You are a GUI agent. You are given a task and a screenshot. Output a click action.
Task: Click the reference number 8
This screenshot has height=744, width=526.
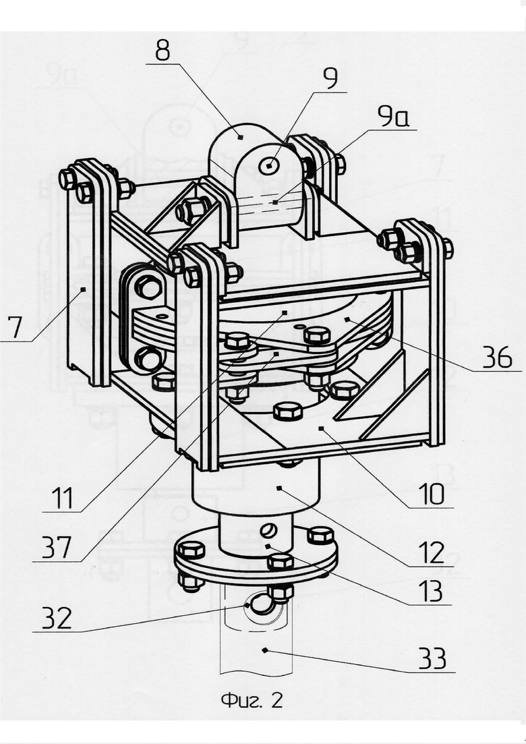163,51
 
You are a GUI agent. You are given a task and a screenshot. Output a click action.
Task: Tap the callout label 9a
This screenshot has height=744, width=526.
392,116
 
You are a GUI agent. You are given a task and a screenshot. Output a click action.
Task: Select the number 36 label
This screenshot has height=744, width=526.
498,357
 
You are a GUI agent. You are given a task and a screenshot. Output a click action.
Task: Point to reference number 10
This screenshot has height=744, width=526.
431,494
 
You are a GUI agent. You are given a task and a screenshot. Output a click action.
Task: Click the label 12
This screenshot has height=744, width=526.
431,553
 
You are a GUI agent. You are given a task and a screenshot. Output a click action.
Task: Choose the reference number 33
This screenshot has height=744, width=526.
432,658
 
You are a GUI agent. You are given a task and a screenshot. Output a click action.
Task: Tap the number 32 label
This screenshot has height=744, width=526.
57,618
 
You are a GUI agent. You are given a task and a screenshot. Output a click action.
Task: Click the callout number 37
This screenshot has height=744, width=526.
57,547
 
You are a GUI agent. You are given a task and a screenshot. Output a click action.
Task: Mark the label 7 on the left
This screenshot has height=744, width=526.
16,327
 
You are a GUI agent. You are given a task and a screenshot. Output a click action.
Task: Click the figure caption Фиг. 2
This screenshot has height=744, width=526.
252,699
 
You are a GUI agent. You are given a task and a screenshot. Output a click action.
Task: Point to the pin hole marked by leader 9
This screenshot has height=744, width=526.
269,166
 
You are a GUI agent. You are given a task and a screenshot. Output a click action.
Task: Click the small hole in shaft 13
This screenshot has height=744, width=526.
268,529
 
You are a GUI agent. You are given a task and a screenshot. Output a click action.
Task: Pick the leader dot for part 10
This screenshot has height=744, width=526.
321,428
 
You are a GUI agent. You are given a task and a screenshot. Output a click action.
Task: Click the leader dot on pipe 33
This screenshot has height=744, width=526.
264,650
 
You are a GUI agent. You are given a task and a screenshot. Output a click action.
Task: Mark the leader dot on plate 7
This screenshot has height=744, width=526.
83,289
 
